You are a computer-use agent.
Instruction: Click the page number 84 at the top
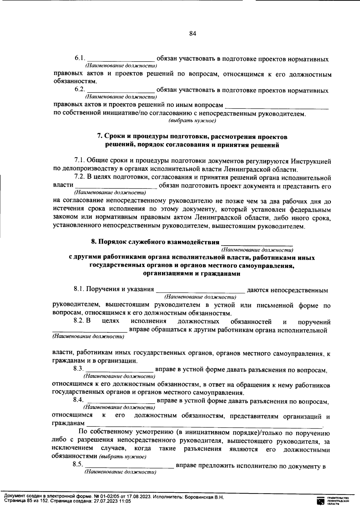tap(193, 34)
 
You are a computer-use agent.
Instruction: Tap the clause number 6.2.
tap(80, 90)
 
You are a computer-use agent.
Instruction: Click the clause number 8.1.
tap(79, 289)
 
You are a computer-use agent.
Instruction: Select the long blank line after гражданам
tap(204, 425)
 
